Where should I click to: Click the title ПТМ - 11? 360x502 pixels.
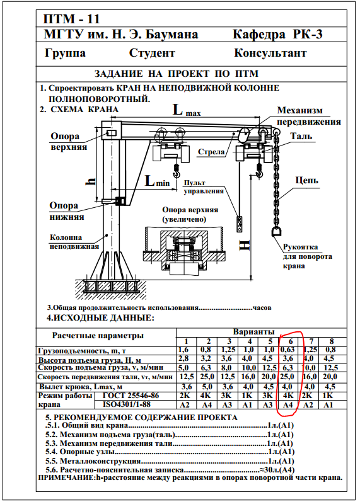click(x=71, y=19)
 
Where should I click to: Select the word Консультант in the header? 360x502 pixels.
click(x=270, y=53)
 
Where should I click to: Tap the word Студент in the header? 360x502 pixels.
click(x=152, y=53)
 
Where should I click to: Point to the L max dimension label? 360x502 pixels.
click(x=187, y=110)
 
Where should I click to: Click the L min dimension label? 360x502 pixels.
click(x=157, y=181)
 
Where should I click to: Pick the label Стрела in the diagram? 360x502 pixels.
click(x=211, y=152)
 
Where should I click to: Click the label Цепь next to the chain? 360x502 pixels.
click(x=307, y=180)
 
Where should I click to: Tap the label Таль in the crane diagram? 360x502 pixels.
click(x=301, y=136)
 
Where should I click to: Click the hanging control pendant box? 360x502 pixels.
click(x=240, y=224)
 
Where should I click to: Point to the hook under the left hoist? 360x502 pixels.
click(x=176, y=171)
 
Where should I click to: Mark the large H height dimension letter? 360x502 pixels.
click(x=245, y=246)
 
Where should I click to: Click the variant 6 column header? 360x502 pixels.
click(x=291, y=341)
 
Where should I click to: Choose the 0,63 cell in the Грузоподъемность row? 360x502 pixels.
click(x=287, y=350)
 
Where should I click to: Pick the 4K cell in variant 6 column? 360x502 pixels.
click(x=289, y=396)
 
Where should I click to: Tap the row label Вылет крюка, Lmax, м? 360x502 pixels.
click(x=81, y=387)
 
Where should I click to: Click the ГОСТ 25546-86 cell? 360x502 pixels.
click(x=131, y=396)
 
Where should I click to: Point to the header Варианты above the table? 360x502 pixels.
click(x=253, y=332)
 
